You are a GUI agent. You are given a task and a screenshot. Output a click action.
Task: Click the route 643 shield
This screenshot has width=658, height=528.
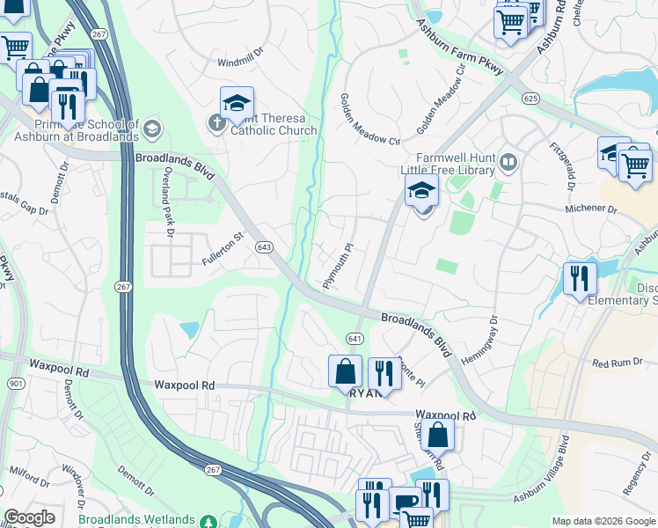264,247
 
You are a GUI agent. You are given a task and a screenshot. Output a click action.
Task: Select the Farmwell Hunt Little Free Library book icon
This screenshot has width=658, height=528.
508,162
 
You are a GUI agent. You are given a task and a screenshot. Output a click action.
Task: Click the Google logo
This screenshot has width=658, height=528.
30,517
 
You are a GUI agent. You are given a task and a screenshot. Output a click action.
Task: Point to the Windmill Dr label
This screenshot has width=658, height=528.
240,63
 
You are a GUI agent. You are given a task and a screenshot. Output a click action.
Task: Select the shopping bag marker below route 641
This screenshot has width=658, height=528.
345,371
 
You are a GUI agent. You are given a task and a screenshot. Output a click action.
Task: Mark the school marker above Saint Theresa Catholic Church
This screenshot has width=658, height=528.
236,104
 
